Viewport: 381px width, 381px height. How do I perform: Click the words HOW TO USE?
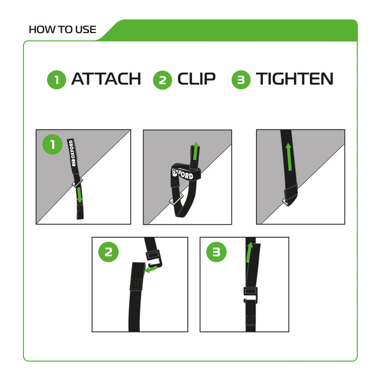[x=62, y=29]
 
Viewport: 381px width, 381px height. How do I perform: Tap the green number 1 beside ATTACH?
[x=57, y=80]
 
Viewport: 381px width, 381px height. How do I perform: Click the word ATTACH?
[x=106, y=79]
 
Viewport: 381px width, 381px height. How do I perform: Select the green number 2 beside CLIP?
[x=162, y=80]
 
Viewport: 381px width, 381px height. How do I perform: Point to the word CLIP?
[x=196, y=79]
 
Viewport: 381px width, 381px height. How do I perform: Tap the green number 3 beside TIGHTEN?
[x=241, y=80]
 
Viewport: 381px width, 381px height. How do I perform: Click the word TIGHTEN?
[x=294, y=79]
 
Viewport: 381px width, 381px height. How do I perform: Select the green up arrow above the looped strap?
[x=195, y=151]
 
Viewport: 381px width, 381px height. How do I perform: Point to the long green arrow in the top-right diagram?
[x=288, y=158]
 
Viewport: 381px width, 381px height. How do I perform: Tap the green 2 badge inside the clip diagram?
[x=109, y=252]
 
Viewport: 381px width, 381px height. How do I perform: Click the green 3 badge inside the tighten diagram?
[x=217, y=252]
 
